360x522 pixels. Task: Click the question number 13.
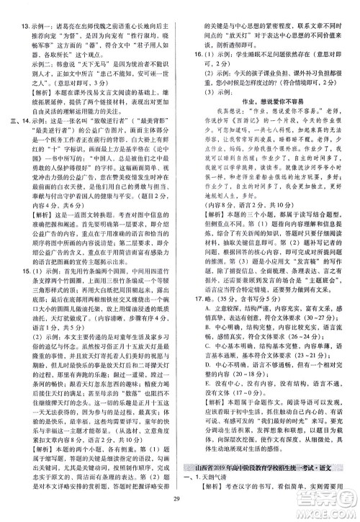click(x=22, y=6)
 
